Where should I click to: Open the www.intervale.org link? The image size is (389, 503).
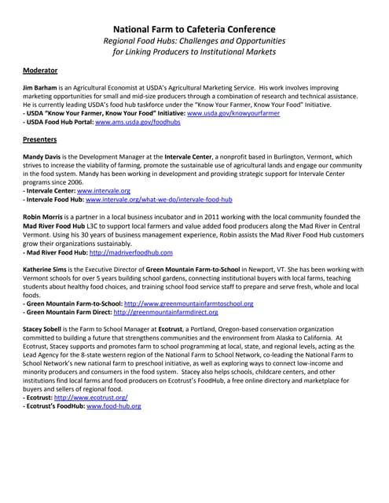[x=101, y=191]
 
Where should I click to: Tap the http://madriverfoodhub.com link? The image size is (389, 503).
[x=130, y=252]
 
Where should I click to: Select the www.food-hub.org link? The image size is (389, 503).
[x=114, y=406]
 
